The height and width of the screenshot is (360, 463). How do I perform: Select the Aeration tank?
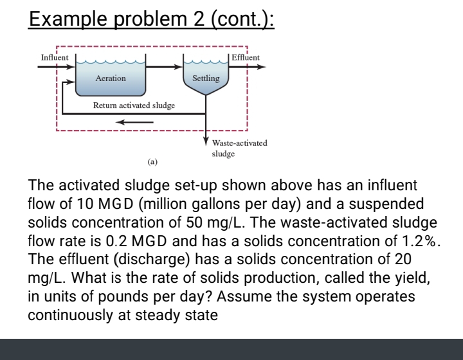111,78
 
